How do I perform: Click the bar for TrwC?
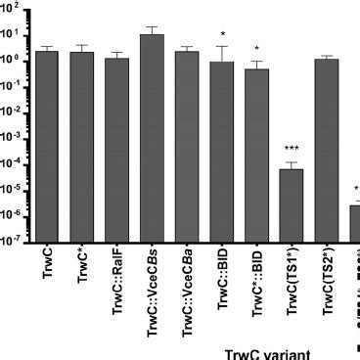point(47,147)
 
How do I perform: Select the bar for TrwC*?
point(82,147)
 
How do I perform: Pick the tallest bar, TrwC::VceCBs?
point(152,138)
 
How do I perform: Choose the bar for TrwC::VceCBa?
point(187,147)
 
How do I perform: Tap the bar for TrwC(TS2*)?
point(327,151)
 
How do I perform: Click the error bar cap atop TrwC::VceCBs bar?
point(152,27)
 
